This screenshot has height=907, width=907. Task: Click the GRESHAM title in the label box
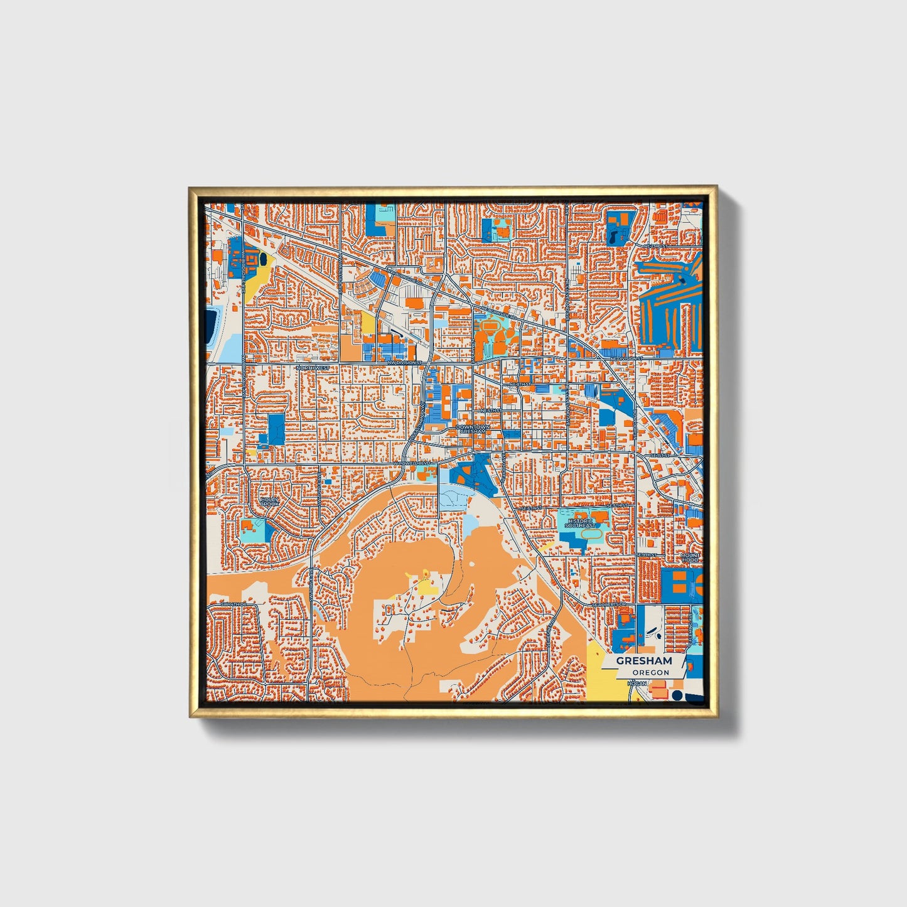[x=643, y=661]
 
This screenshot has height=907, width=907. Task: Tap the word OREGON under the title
[x=650, y=672]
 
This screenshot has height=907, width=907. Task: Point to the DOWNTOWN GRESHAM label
[x=473, y=429]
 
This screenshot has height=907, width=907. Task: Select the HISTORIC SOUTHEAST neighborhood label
[x=578, y=522]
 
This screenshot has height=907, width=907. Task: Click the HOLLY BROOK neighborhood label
[x=269, y=502]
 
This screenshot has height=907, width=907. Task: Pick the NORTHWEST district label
[x=313, y=367]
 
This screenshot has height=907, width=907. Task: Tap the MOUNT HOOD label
[x=689, y=557]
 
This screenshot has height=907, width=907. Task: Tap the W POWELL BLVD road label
[x=413, y=463]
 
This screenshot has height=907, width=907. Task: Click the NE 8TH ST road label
[x=520, y=383]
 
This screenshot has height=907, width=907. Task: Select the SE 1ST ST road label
[x=660, y=454]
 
